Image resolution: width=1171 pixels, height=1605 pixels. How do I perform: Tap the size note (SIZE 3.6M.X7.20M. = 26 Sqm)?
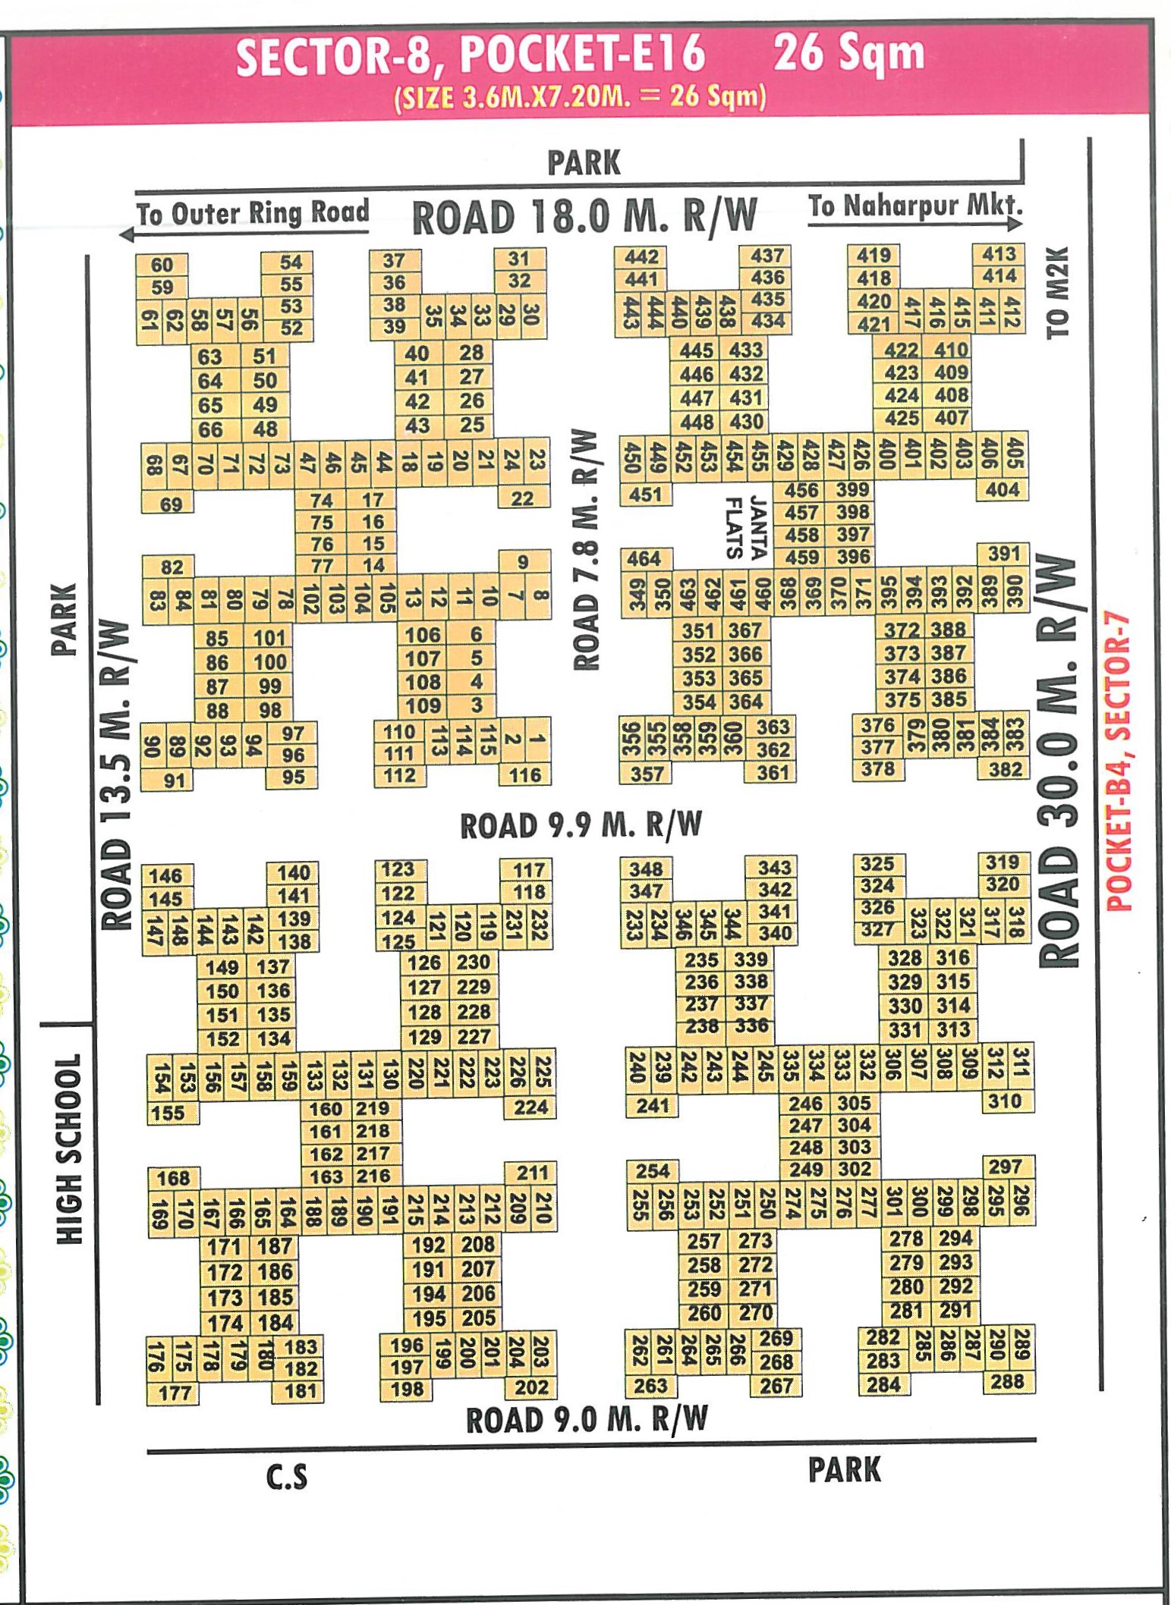click(581, 98)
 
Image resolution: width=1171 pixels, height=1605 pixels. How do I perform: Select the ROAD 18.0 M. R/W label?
click(584, 217)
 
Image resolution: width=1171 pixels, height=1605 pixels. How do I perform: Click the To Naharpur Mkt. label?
click(914, 206)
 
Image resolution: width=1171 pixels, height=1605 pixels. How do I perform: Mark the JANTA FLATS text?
click(746, 527)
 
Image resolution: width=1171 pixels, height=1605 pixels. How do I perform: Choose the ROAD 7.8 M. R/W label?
click(587, 550)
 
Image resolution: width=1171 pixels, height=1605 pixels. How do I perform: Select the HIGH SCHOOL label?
click(69, 1148)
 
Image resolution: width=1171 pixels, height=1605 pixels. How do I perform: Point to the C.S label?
click(287, 1476)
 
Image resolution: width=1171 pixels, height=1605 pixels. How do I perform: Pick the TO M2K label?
click(1056, 292)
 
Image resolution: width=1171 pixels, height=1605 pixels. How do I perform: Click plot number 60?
click(162, 265)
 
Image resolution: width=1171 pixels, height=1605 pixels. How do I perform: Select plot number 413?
click(999, 254)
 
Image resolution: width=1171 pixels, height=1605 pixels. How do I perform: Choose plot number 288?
click(1007, 1381)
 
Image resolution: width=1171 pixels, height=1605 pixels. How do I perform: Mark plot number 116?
click(525, 774)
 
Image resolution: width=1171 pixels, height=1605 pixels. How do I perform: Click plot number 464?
click(644, 559)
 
